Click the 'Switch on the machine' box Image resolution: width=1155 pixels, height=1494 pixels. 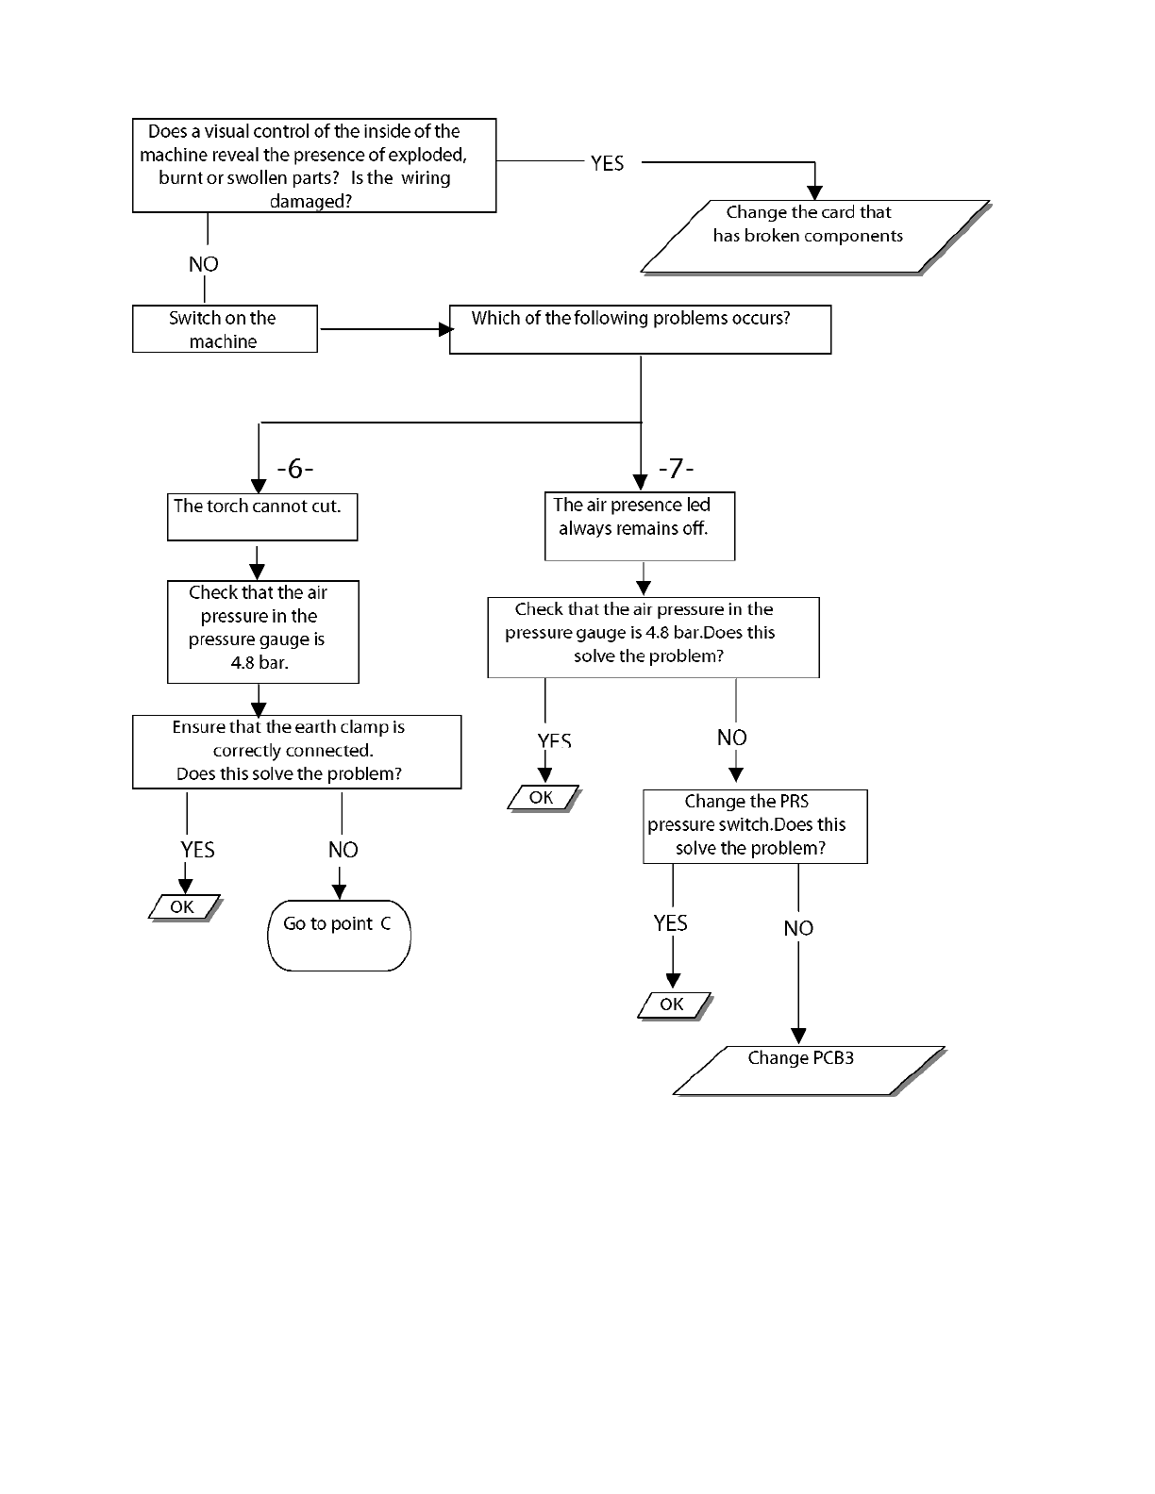tap(225, 328)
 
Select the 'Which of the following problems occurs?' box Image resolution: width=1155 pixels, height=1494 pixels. tap(640, 329)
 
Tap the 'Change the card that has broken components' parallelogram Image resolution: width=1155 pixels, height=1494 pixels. tap(815, 237)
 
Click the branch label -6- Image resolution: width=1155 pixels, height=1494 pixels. tap(295, 468)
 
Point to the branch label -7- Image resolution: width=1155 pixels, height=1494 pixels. tap(677, 468)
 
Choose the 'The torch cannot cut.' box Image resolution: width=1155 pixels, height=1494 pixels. tap(262, 516)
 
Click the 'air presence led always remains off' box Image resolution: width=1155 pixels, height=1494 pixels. tap(640, 526)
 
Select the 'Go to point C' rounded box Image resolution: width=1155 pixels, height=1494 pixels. tap(339, 935)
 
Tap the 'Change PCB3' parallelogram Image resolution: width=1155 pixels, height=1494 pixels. tap(809, 1071)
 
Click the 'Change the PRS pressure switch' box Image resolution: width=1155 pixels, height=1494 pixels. tap(755, 826)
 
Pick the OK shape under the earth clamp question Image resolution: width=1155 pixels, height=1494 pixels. tap(184, 907)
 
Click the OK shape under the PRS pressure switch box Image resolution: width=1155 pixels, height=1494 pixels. tap(674, 1005)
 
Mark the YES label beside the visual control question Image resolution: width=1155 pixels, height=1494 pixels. tap(608, 163)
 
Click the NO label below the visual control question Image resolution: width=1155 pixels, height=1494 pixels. tap(204, 264)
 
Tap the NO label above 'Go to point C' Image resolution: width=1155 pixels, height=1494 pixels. tap(343, 850)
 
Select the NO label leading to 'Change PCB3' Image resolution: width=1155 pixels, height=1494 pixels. tap(798, 928)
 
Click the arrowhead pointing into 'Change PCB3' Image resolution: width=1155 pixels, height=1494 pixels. tap(798, 1037)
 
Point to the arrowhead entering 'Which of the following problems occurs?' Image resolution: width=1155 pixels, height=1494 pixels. tap(445, 329)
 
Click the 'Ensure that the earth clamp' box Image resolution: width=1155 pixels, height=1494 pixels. tap(296, 752)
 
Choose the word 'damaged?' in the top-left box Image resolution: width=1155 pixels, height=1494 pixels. tap(310, 202)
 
